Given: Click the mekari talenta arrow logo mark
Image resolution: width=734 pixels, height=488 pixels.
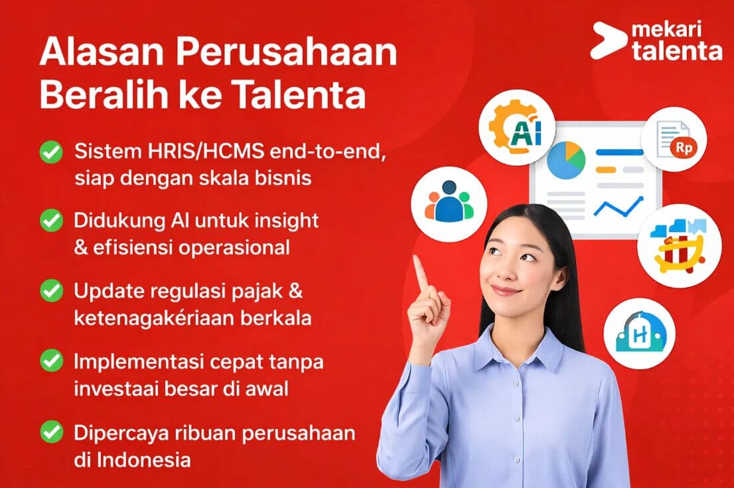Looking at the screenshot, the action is [x=608, y=40].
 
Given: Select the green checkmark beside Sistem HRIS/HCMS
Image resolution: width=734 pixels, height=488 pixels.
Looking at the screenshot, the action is [x=52, y=152].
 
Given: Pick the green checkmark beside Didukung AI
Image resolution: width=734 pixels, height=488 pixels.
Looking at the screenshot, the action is [x=52, y=221].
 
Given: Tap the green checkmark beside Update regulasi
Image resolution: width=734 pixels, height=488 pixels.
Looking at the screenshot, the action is [x=52, y=291].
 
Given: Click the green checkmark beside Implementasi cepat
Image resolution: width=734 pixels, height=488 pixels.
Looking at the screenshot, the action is [x=52, y=361].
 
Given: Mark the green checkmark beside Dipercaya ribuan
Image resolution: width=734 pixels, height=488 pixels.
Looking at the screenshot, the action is [x=52, y=432].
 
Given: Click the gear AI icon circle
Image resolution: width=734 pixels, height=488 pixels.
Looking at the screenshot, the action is [x=517, y=127].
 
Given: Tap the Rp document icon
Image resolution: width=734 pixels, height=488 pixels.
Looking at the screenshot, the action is [x=674, y=139].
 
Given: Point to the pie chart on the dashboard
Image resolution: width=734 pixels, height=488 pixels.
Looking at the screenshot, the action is [x=566, y=160].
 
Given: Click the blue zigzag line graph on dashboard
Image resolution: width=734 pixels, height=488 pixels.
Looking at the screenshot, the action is [x=619, y=206].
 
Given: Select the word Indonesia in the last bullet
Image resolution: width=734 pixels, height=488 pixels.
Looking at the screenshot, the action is [x=144, y=460].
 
